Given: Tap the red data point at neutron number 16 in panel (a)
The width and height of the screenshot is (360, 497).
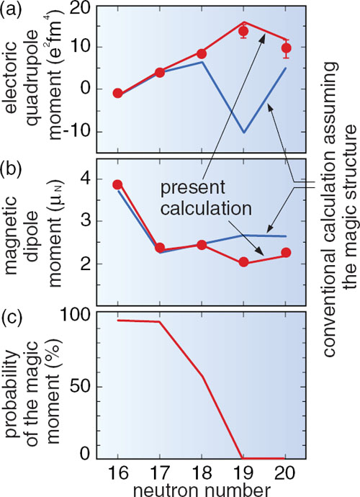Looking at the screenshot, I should pos(118,93).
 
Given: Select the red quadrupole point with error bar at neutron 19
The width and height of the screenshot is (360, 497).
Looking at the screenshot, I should pos(243,32).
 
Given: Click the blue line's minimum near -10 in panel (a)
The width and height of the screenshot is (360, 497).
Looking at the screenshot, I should pos(244,133).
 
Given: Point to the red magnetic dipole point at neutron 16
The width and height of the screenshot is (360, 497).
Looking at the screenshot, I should pos(118,184).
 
